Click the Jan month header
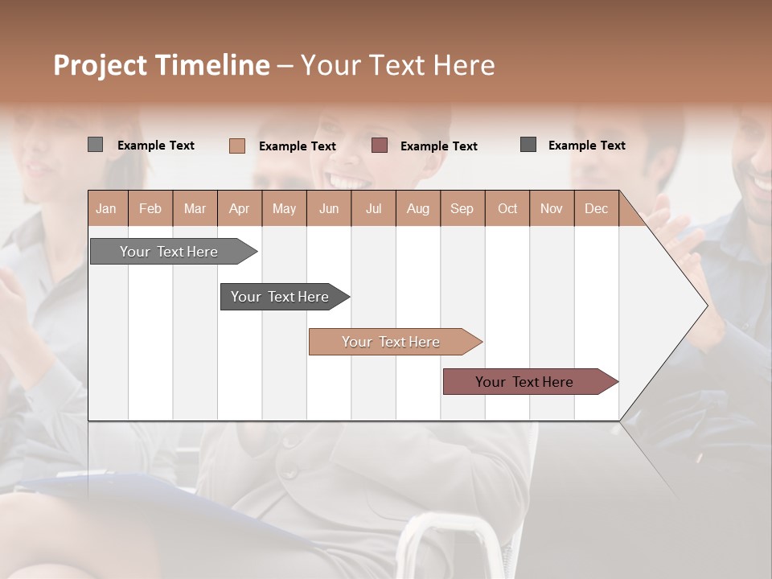coord(107,208)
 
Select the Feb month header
coord(150,208)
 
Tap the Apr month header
coord(240,208)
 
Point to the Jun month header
coord(329,208)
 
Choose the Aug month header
coord(418,208)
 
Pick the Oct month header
coord(507,208)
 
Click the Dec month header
coord(597,208)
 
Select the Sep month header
coord(462,208)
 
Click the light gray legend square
coord(95,145)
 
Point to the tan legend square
coord(237,146)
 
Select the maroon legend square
coord(380,146)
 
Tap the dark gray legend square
coord(528,145)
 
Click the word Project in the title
coord(101,65)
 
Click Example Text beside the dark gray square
coord(586,146)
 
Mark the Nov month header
coord(552,208)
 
